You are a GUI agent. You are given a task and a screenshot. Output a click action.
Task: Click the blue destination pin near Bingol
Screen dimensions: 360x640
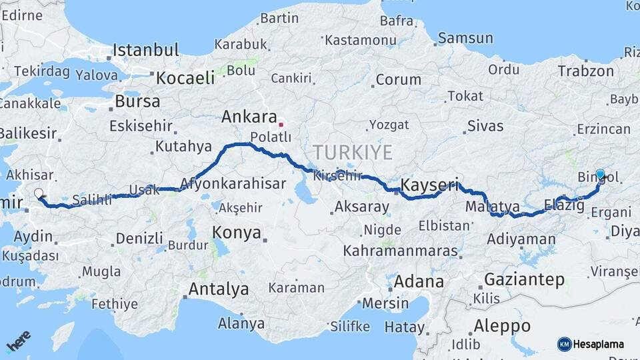click(600, 175)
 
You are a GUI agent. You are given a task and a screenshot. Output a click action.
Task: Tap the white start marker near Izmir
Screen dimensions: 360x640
click(38, 194)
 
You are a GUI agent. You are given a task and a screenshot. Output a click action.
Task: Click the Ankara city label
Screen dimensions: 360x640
click(248, 117)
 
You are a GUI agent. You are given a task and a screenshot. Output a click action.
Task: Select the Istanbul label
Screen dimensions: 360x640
click(145, 50)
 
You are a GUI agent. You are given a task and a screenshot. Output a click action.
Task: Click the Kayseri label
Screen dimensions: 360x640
click(430, 185)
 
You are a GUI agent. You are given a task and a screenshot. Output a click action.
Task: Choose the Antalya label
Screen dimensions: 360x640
click(218, 289)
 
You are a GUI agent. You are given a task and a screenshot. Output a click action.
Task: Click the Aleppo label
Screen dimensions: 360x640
click(502, 326)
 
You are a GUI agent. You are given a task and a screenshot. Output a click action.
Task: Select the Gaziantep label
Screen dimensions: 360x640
click(525, 279)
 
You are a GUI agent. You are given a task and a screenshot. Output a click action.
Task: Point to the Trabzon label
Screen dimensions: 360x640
click(585, 71)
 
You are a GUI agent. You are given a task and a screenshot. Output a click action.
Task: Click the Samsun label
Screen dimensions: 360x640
click(465, 38)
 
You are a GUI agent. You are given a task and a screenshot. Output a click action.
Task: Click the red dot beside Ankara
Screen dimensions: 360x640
click(281, 124)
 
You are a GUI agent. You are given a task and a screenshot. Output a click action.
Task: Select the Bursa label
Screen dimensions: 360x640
click(137, 102)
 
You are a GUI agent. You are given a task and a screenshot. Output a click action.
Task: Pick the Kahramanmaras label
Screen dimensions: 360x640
click(401, 251)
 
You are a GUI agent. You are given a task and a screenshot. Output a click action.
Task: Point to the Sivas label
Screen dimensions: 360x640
click(485, 125)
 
